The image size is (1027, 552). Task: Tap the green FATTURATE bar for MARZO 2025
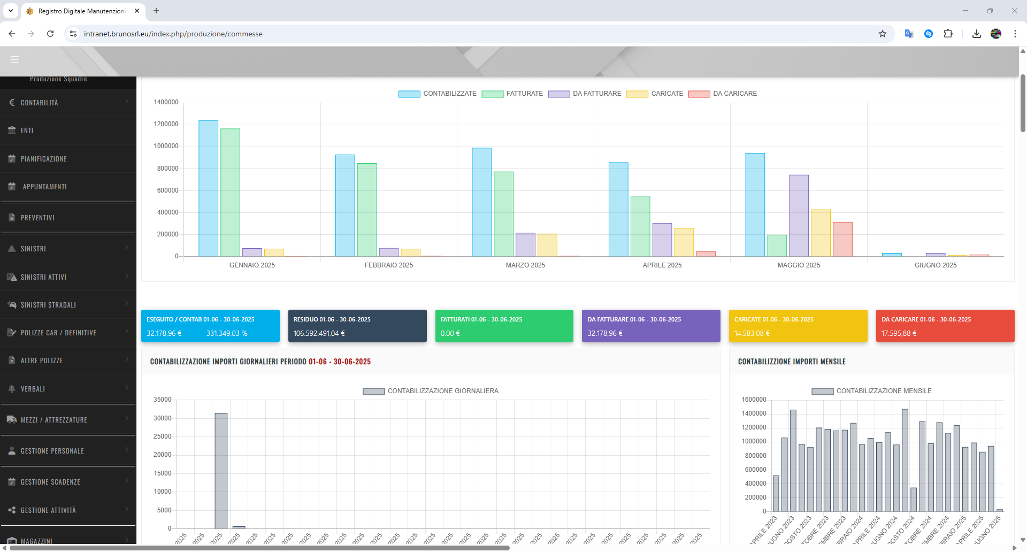(x=503, y=214)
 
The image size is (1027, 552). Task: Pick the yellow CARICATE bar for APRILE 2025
(x=684, y=242)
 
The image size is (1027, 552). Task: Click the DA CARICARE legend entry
(x=723, y=94)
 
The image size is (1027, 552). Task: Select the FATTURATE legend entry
(x=512, y=94)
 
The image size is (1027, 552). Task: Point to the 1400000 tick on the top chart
(x=166, y=102)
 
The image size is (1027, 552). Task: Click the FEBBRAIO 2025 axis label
(x=389, y=265)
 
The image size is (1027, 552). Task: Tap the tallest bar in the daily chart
(x=221, y=470)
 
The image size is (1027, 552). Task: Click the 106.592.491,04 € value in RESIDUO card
(x=319, y=333)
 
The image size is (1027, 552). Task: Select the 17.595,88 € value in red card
(x=899, y=333)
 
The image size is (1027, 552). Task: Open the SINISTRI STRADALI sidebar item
(x=48, y=305)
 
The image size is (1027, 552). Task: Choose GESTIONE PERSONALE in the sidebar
(x=52, y=451)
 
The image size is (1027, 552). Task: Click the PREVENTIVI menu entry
(x=37, y=218)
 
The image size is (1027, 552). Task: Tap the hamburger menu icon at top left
(x=14, y=59)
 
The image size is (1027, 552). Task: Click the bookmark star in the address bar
(x=883, y=34)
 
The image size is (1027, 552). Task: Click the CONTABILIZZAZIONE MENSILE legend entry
(x=872, y=391)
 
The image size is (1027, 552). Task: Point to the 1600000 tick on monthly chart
(x=754, y=400)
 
